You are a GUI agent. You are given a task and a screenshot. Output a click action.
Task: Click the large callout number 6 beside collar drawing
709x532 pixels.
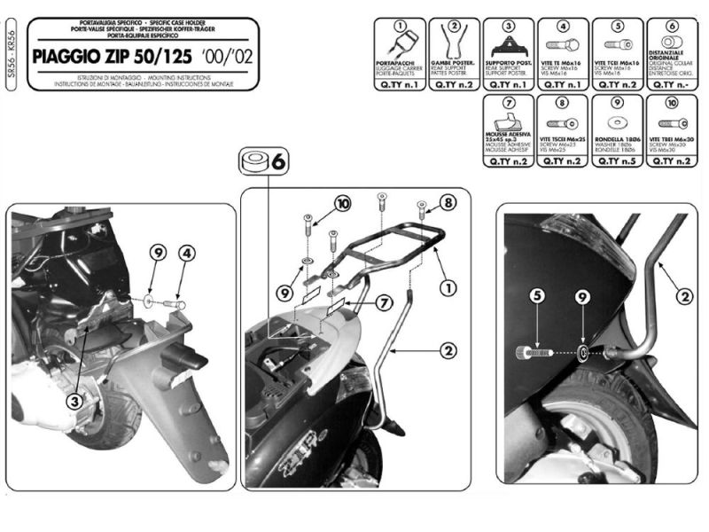[278, 162]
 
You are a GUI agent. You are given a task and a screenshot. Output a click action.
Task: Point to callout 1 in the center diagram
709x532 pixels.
[448, 287]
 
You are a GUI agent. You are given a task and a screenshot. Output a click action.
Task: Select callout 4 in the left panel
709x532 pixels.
[186, 253]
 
